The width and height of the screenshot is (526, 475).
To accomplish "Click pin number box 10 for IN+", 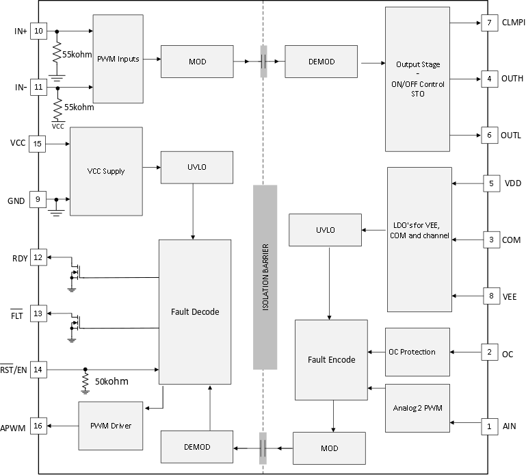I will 38,31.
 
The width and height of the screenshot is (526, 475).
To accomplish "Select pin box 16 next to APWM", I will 38,426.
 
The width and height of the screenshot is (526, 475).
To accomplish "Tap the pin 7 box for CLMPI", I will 489,23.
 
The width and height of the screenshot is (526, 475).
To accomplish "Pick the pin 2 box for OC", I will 489,353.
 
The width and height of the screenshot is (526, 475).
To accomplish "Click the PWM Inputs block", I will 118,59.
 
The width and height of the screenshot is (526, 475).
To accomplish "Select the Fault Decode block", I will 195,311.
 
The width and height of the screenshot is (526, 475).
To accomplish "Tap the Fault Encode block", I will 332,359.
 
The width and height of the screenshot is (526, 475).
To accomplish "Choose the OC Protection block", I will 418,352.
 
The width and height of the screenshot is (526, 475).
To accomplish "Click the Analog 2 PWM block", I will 418,409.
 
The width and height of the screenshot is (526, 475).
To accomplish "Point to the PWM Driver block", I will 110,426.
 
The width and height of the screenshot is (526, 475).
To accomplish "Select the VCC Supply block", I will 106,171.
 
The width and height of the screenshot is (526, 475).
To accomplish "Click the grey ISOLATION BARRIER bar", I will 265,277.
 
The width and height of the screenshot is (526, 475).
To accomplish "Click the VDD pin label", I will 512,183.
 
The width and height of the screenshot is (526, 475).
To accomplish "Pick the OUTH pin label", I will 512,79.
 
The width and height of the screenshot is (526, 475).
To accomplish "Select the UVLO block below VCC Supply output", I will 197,167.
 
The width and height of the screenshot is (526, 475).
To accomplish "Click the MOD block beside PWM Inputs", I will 197,62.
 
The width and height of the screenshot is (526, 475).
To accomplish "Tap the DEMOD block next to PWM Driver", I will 197,447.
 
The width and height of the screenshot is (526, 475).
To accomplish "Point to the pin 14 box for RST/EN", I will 38,370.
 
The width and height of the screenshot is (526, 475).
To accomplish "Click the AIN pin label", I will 510,426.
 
